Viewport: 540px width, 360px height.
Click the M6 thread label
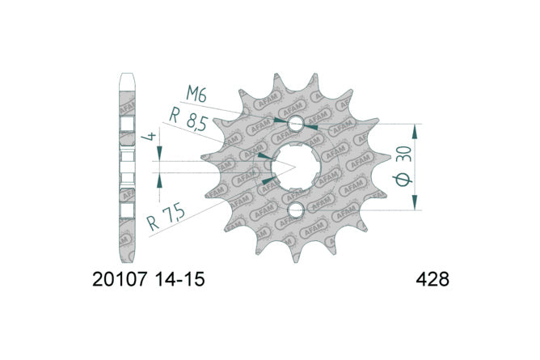(196, 94)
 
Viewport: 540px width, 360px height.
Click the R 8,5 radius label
(188, 119)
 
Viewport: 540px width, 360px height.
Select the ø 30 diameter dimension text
(403, 166)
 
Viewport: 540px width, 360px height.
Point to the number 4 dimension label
(149, 136)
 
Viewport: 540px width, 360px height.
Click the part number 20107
(120, 279)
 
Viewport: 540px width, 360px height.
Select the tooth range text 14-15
(179, 279)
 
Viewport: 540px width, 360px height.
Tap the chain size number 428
(432, 279)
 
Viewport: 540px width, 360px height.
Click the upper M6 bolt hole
(296, 124)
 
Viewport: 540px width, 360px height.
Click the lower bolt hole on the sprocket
(296, 210)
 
